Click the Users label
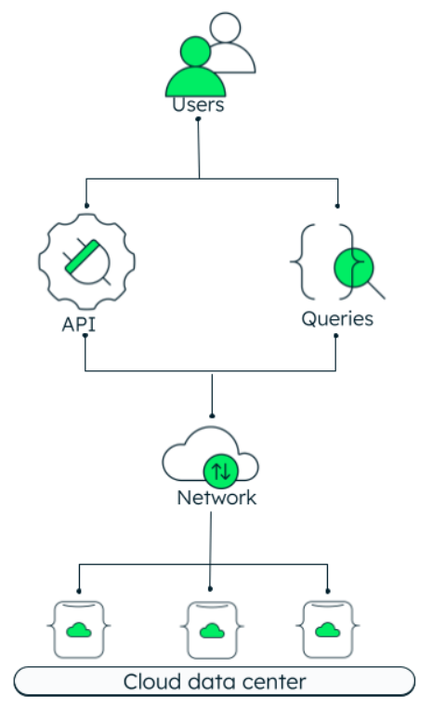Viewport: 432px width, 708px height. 198,105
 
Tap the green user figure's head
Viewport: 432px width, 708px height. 195,51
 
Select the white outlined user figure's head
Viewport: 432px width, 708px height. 226,28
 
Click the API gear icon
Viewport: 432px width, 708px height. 86,261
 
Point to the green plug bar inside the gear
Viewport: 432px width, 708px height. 83,257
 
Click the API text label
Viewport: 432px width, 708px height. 78,324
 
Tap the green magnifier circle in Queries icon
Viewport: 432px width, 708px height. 354,267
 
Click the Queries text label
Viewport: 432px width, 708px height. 337,319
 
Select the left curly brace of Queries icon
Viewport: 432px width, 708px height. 303,261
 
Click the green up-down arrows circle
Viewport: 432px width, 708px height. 221,472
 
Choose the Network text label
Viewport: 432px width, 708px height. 216,498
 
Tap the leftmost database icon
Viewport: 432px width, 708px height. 79,629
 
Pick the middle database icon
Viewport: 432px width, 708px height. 212,630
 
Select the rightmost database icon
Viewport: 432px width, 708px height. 328,629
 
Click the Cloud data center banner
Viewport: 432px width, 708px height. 215,682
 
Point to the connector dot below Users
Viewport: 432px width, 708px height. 198,119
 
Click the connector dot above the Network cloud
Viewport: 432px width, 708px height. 212,416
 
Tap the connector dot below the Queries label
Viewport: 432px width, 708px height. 335,336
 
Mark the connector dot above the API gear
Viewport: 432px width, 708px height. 86,206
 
